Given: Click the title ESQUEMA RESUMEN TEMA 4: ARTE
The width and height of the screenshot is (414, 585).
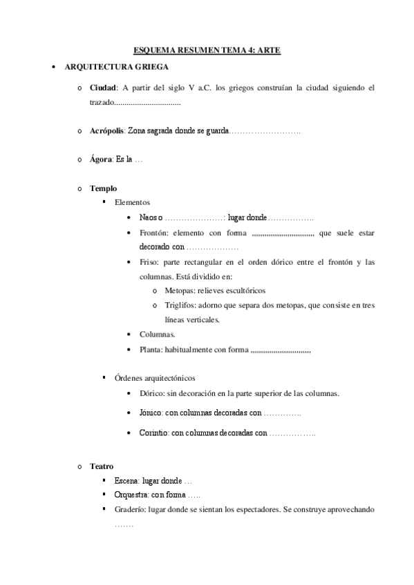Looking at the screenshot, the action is (x=207, y=50).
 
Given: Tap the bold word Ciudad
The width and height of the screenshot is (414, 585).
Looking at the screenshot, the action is (x=103, y=88).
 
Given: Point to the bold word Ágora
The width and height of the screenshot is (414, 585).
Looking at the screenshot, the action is (x=101, y=160).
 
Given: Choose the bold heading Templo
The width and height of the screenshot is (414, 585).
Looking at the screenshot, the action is (x=104, y=188).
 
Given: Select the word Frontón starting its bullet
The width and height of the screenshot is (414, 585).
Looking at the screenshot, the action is (x=153, y=232).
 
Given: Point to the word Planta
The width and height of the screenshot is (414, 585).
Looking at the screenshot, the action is (x=150, y=350).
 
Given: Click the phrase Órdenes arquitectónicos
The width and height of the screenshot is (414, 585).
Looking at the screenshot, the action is (x=155, y=378).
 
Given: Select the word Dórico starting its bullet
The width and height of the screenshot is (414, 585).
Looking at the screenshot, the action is (x=151, y=393).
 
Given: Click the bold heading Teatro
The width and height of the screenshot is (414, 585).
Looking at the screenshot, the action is (x=102, y=466).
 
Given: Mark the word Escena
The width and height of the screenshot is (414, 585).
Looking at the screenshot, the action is (x=126, y=480).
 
